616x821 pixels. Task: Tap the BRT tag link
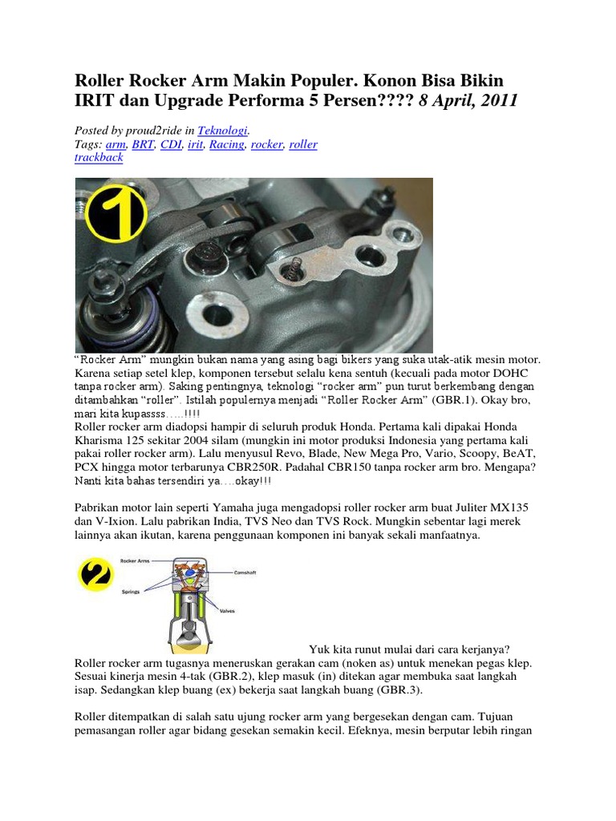coord(143,144)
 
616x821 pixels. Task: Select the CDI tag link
coord(170,144)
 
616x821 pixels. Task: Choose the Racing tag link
coord(226,144)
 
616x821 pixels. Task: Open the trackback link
coord(99,158)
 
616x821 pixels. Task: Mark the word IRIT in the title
coord(95,101)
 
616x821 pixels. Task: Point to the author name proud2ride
coord(153,129)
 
